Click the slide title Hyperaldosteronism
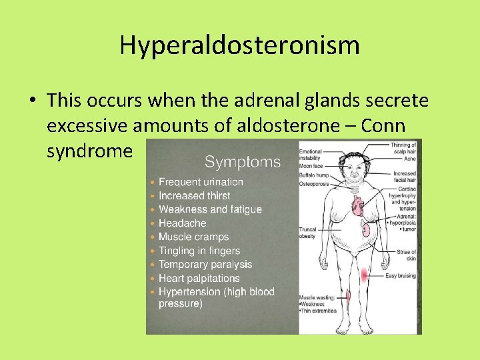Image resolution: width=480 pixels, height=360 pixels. [240, 45]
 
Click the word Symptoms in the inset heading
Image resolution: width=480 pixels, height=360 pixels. [242, 161]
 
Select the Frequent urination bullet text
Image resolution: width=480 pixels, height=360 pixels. [201, 182]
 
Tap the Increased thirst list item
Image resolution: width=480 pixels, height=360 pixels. [194, 196]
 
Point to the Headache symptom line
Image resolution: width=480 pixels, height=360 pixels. [182, 223]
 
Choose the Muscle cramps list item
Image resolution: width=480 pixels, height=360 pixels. [193, 237]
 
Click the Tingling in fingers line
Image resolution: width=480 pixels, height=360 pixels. [199, 251]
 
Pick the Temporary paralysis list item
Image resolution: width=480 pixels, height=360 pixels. [205, 265]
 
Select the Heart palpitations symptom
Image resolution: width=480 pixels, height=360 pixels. [199, 279]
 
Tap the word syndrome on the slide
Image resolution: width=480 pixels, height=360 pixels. [90, 151]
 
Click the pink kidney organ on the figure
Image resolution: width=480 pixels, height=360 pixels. [366, 231]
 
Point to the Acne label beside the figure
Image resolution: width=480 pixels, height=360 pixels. [410, 159]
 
